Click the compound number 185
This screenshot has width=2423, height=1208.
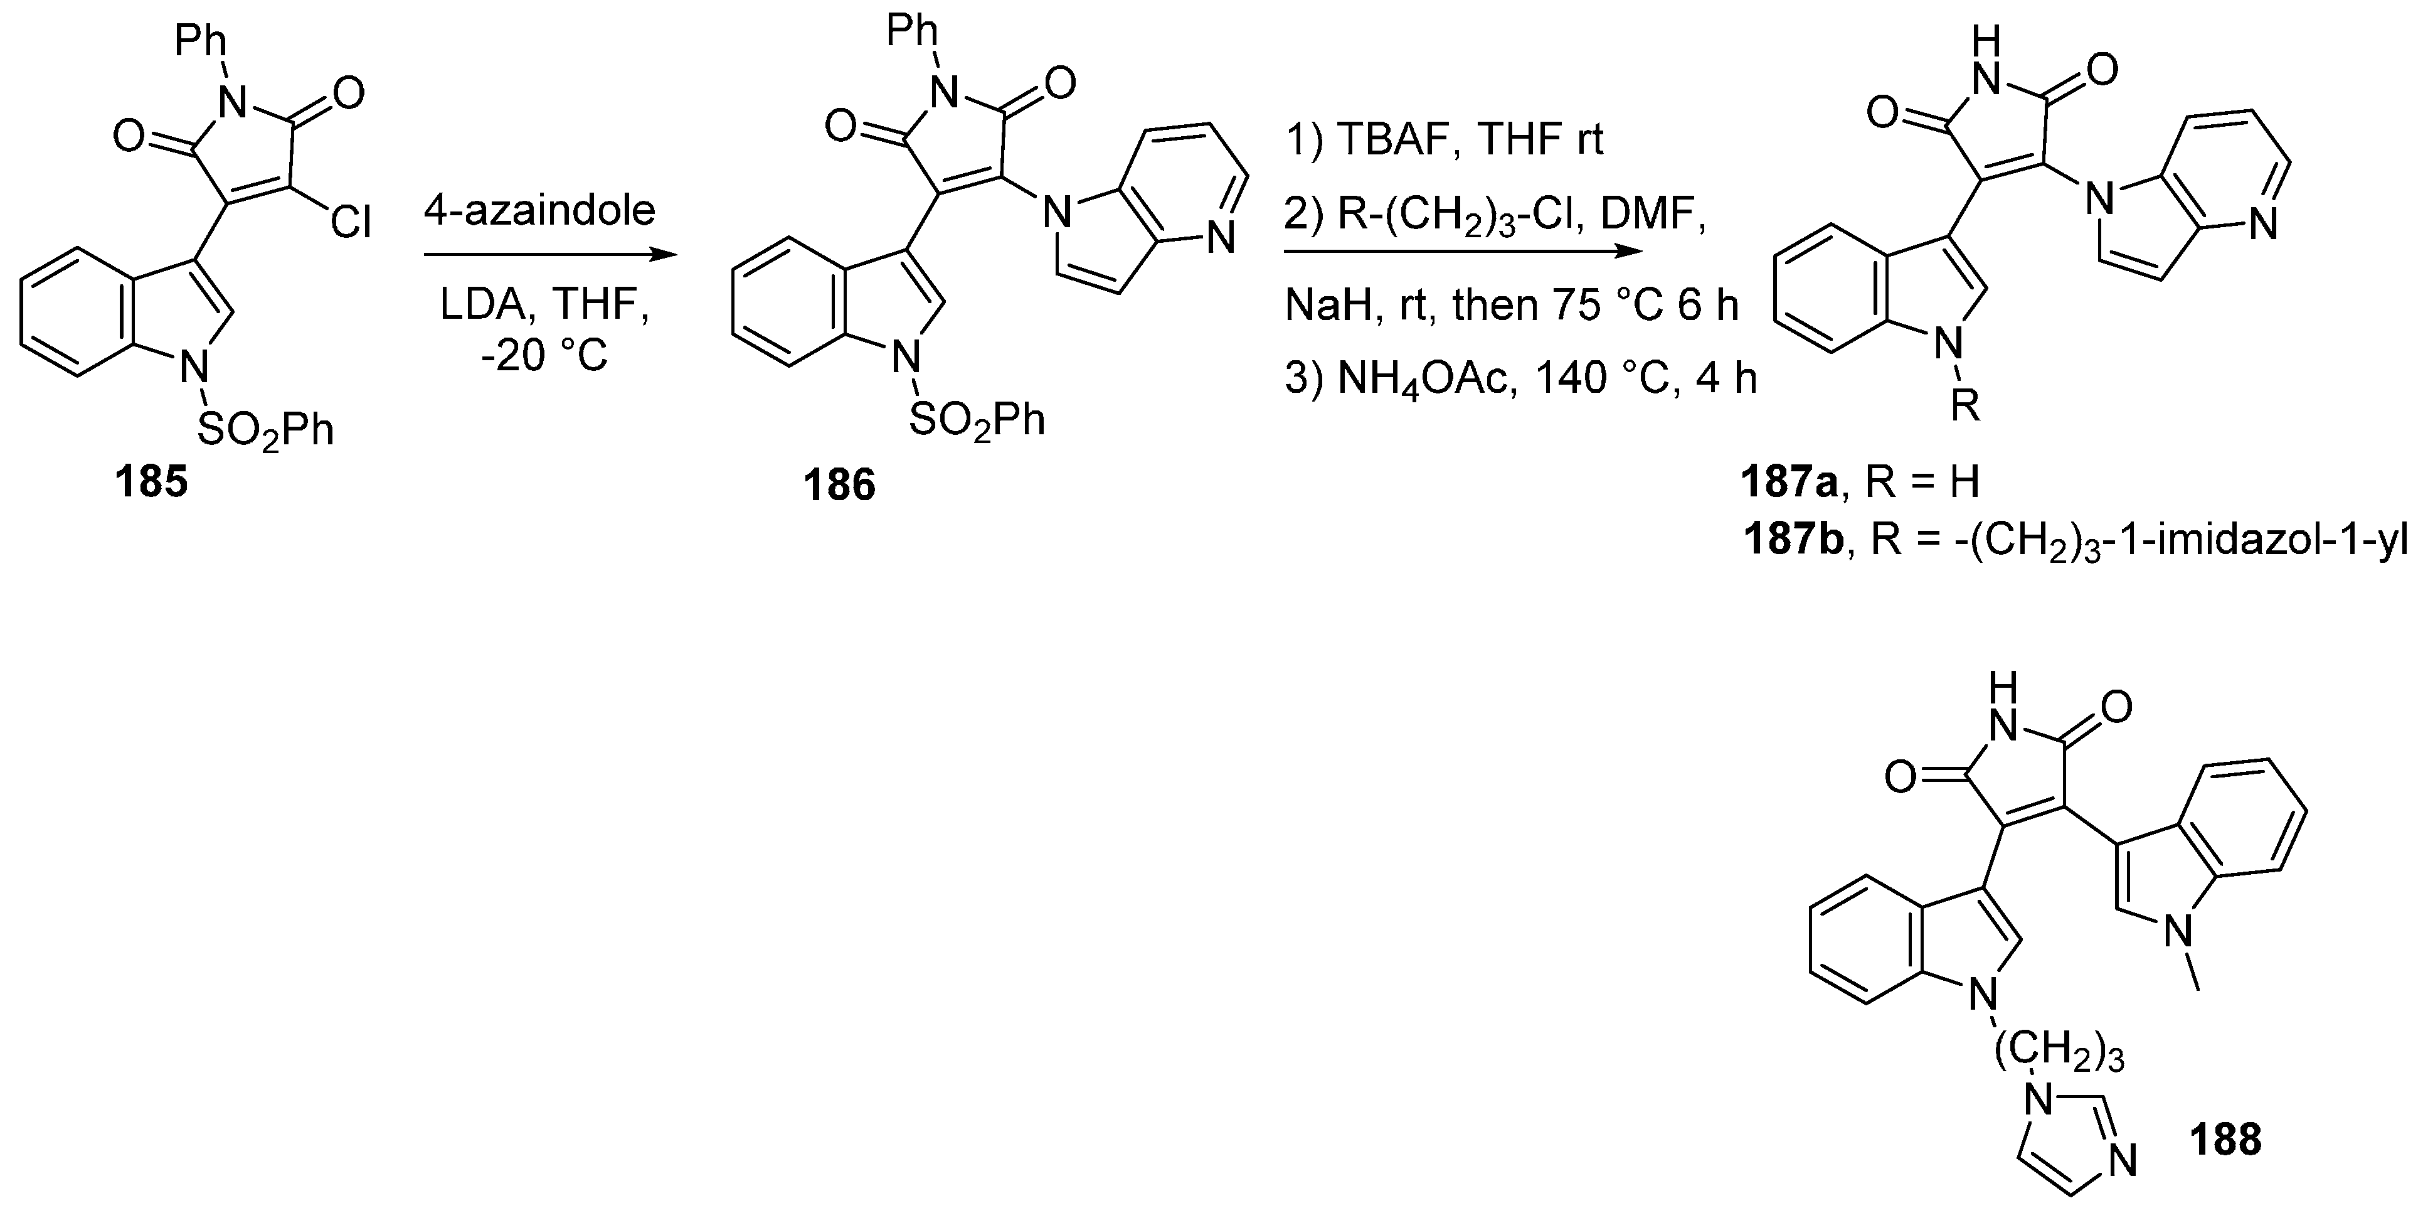tap(151, 483)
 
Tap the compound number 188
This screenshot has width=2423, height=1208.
tap(2225, 1140)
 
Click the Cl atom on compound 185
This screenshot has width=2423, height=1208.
tap(351, 222)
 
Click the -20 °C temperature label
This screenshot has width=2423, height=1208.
tap(544, 356)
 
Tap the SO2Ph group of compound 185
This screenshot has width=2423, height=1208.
tap(265, 431)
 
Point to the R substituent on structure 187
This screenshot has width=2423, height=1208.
tap(1965, 407)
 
